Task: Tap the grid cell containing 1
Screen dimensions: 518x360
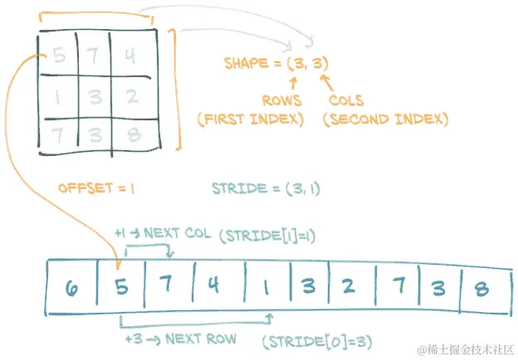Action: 57,95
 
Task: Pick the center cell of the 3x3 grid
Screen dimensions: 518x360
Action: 93,97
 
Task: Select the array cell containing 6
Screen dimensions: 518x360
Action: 71,288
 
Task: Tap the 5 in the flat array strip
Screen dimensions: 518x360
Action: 121,288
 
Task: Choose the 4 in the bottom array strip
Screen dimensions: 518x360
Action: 214,288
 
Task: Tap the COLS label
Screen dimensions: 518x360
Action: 346,101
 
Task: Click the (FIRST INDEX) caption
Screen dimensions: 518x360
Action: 250,119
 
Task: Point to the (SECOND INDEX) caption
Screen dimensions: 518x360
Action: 384,119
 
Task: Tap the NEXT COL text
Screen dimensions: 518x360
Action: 179,233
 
